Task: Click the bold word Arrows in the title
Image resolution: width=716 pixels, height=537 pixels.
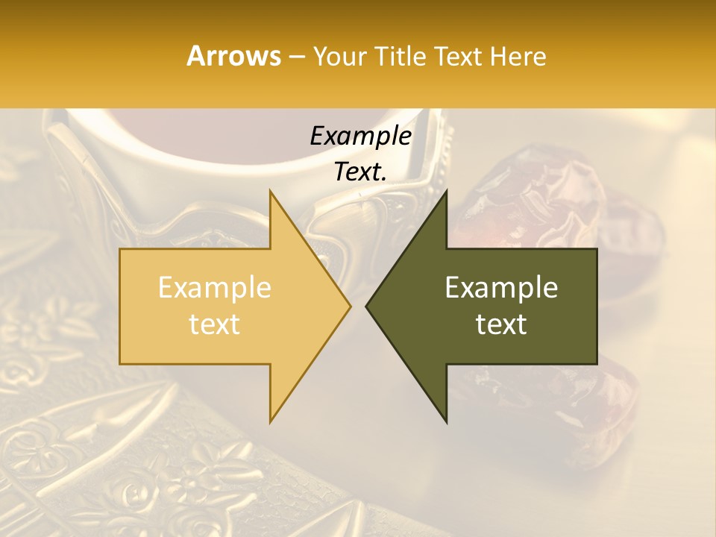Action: pos(233,56)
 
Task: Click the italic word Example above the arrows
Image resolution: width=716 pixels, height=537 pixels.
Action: pos(360,136)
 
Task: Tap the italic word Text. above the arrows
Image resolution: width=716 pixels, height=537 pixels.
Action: pos(360,172)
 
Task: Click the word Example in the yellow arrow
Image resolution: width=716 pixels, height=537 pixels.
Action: pos(215,288)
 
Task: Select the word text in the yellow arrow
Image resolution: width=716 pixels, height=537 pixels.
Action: pos(215,324)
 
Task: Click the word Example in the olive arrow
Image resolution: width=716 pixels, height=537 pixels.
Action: pos(501,288)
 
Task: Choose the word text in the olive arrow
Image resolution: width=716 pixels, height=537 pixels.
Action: pos(501,324)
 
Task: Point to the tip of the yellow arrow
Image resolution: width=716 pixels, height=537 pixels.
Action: pos(350,306)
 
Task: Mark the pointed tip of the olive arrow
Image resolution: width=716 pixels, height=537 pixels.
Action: pos(367,306)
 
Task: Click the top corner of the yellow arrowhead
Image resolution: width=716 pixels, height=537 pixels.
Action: pos(270,192)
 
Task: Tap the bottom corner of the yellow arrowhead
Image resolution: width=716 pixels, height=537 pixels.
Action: pos(270,421)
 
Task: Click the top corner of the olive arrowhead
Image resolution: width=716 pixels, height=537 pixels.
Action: pos(447,192)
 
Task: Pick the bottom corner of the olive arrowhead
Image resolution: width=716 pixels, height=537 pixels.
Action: pos(447,421)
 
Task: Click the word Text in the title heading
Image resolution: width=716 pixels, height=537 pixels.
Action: pos(462,56)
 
